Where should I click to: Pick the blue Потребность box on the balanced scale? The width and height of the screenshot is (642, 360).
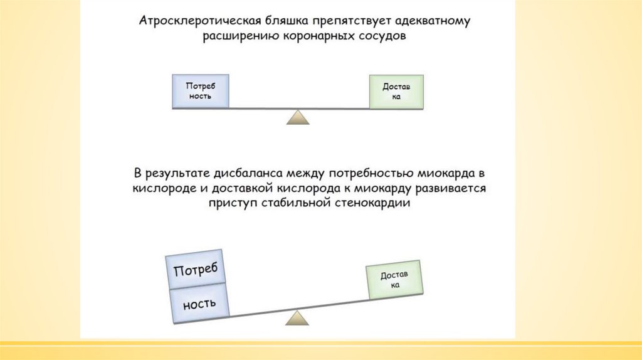[x=200, y=92]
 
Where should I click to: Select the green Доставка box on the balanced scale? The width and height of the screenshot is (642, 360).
[x=395, y=92]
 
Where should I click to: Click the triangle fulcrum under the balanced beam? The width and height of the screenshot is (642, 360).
[x=298, y=117]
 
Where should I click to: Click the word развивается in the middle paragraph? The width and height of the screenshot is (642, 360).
[x=450, y=188]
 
